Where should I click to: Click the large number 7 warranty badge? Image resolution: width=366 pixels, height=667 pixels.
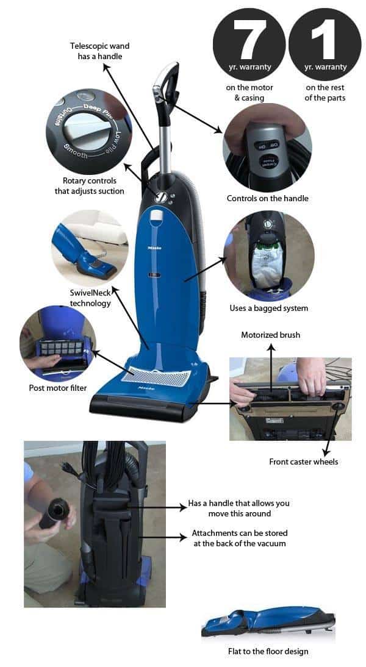(249, 44)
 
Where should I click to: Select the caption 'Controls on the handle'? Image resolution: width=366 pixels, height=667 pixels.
(267, 198)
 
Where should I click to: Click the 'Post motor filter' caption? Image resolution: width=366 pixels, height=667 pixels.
(58, 388)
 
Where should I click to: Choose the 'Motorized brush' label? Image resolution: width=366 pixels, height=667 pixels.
(271, 335)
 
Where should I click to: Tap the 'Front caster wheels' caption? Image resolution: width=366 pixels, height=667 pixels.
(303, 462)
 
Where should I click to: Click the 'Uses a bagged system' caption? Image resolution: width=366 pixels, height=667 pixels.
(269, 308)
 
